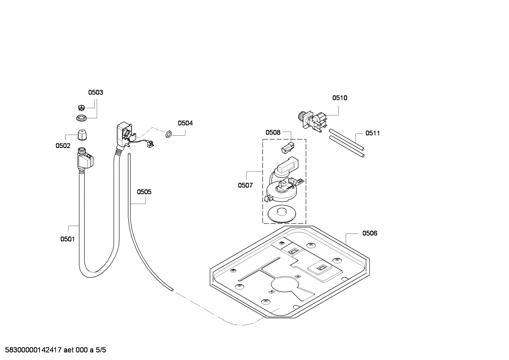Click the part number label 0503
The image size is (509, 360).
pos(95,93)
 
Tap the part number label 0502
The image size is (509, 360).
pos(63,146)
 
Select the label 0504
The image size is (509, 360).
pos(185,123)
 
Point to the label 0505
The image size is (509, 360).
pos(144,192)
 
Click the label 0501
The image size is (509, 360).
pos(67,239)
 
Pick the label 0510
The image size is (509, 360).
pos(340,98)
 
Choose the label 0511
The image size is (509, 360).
pos(372,133)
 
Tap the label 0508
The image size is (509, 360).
pos(273,132)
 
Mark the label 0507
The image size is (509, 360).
pos(245,185)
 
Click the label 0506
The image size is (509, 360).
pos(370,233)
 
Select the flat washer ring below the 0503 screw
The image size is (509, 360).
pos(82,118)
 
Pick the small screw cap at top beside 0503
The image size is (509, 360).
pos(81,107)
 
